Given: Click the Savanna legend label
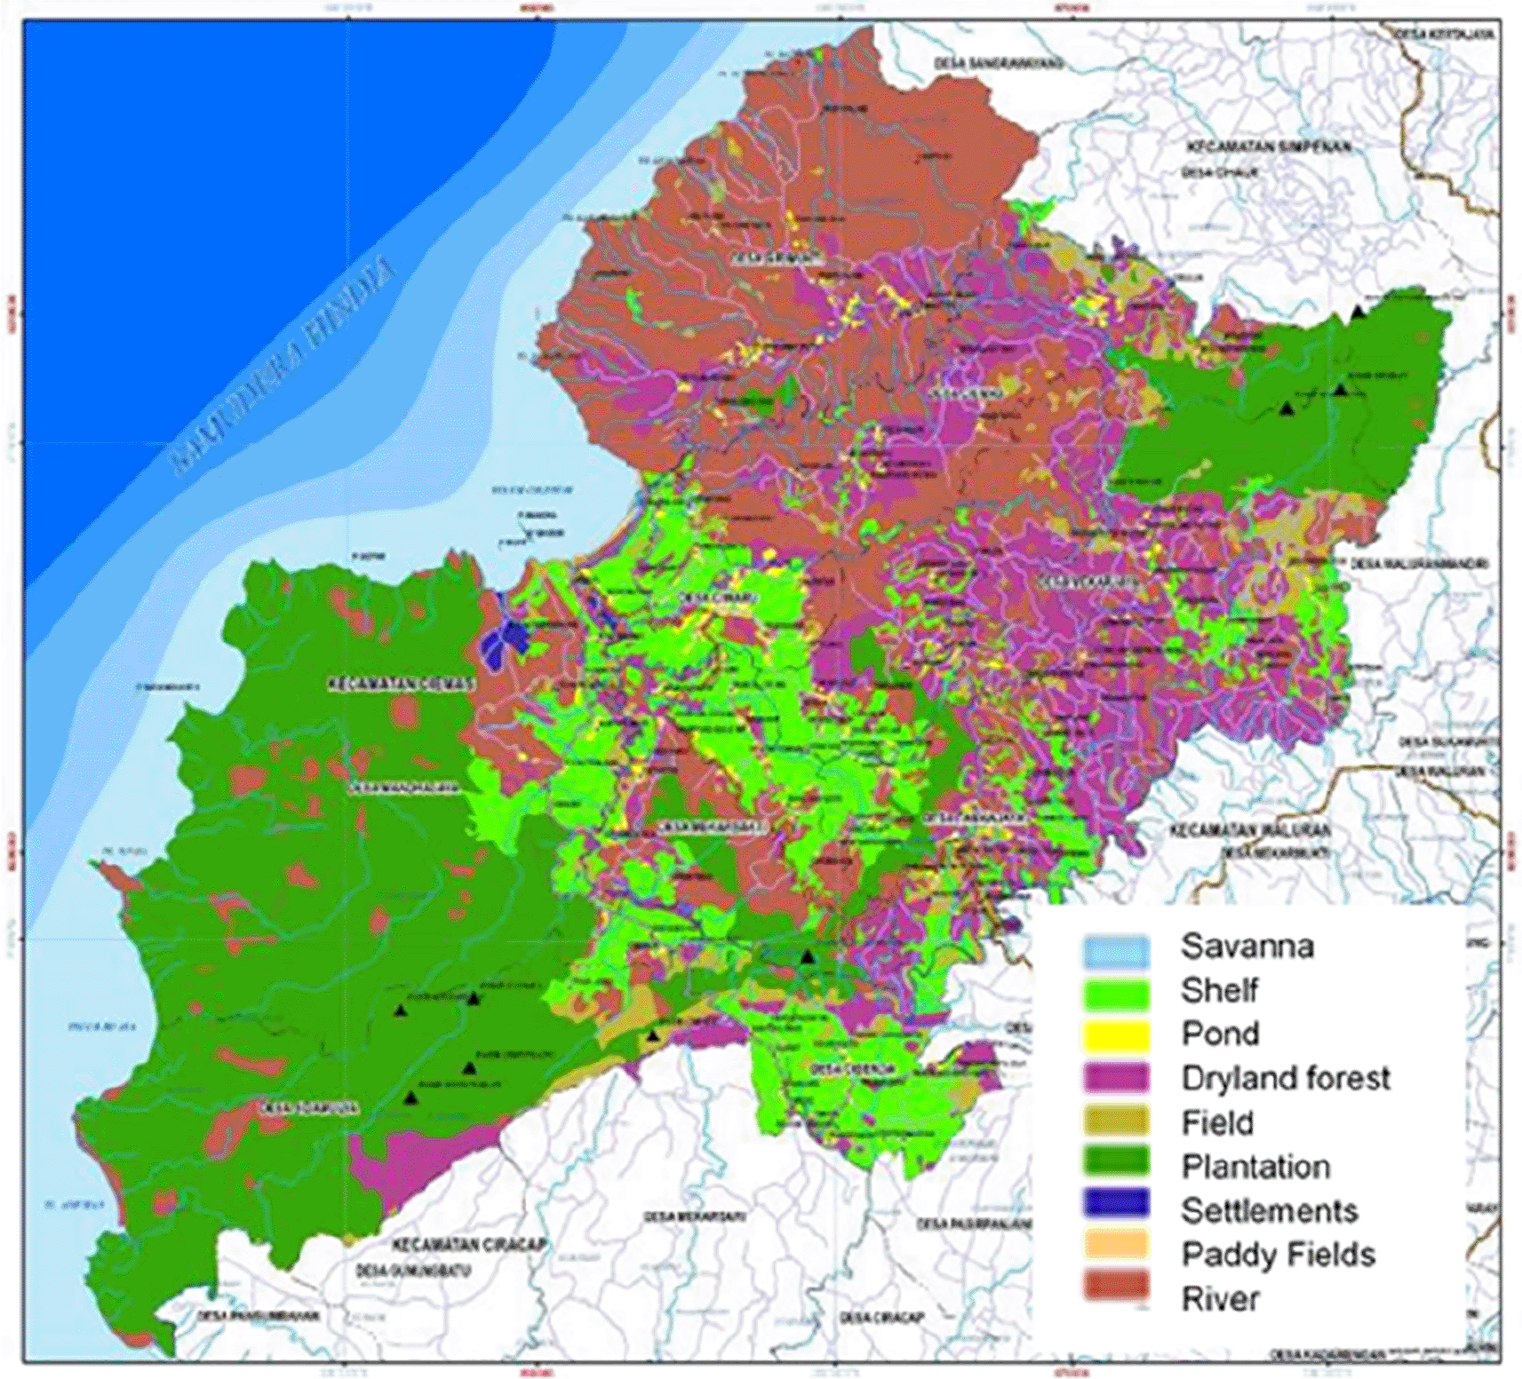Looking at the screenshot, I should coord(1247,947).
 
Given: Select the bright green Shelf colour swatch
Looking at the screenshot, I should coord(1116,991).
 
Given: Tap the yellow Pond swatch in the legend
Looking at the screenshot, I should coord(1116,1034).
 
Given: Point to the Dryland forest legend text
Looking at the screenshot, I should coord(1285,1078).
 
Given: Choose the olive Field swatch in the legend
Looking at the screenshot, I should coord(1116,1121).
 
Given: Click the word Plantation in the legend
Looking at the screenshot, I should coord(1255,1166).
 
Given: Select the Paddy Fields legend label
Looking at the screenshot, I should coord(1278,1254).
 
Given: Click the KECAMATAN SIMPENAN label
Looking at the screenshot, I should coord(1269,147).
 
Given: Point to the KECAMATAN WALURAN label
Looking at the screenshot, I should coord(1249,830).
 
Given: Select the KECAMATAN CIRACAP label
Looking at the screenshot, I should coord(469,1245).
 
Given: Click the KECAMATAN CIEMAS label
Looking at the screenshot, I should coord(402,684).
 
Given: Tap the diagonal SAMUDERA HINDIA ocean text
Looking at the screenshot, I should coord(283,364).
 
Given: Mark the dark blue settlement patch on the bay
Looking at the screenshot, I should coord(504,638).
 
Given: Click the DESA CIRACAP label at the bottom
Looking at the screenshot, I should coord(881,1317).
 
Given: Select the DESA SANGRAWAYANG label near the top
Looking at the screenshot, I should coord(999,64).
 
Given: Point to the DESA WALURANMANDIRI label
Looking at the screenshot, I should coord(1418,564).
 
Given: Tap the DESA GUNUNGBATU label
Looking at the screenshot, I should coord(412,1272).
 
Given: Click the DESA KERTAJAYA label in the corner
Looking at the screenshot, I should coord(1445,34).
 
